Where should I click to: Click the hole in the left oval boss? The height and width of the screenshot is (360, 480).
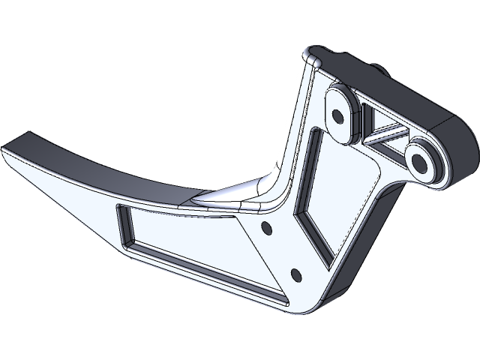(x=337, y=116)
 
